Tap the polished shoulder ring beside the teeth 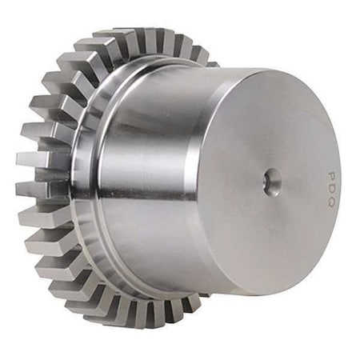pyautogui.click(x=88, y=176)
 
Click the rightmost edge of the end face pyautogui.click(x=342, y=184)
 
